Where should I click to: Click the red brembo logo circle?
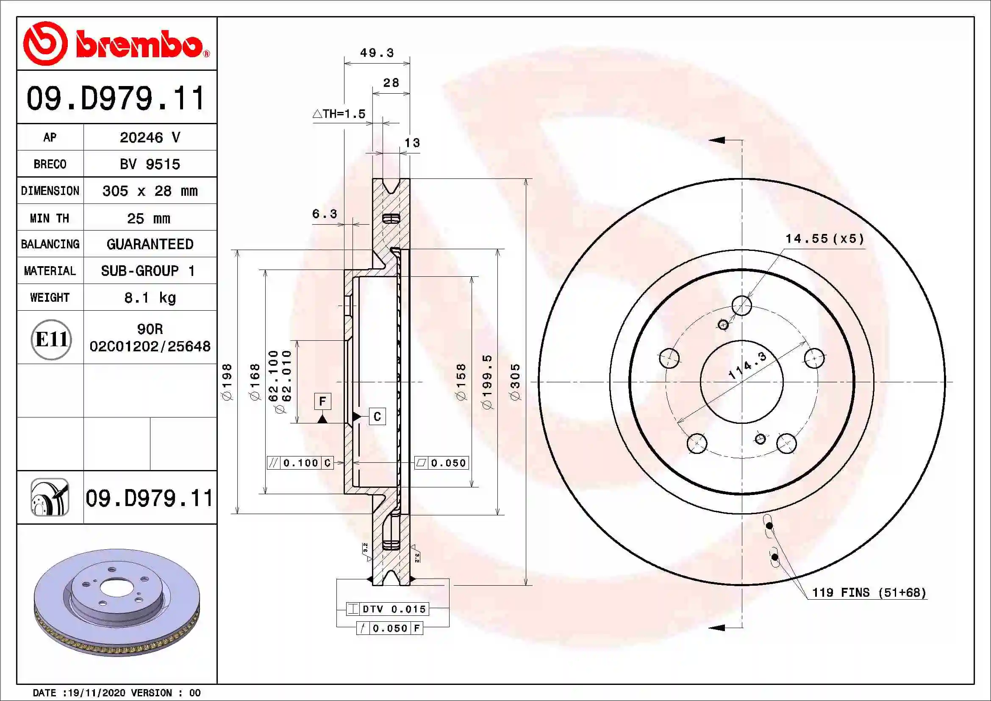pyautogui.click(x=45, y=44)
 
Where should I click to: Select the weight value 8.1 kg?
pyautogui.click(x=150, y=298)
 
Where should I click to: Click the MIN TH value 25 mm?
pyautogui.click(x=149, y=218)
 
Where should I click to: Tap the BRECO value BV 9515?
pyautogui.click(x=150, y=164)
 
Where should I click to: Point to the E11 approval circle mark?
pyautogui.click(x=51, y=340)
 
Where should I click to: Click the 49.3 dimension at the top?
pyautogui.click(x=377, y=53)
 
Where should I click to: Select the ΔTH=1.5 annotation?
pyautogui.click(x=339, y=114)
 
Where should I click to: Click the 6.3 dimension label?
pyautogui.click(x=325, y=214)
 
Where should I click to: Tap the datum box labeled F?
pyautogui.click(x=322, y=401)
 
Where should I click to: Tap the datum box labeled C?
pyautogui.click(x=377, y=417)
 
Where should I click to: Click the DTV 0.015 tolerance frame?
pyautogui.click(x=387, y=609)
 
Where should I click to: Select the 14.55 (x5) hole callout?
pyautogui.click(x=824, y=239)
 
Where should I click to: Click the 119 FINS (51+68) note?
pyautogui.click(x=869, y=593)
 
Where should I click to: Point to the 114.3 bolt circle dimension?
pyautogui.click(x=747, y=366)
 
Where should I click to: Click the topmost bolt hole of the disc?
pyautogui.click(x=741, y=306)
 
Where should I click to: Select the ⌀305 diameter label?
pyautogui.click(x=515, y=381)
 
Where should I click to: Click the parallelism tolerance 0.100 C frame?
pyautogui.click(x=300, y=463)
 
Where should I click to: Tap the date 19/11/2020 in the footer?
pyautogui.click(x=96, y=693)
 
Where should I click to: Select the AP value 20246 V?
pyautogui.click(x=150, y=138)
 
